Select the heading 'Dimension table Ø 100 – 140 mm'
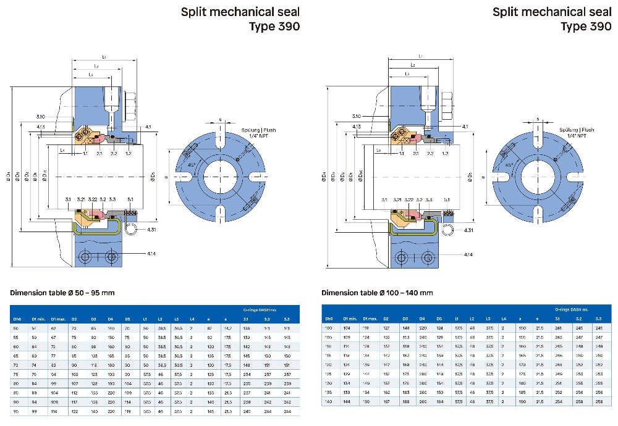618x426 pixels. click(377, 292)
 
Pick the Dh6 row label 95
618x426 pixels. click(17, 411)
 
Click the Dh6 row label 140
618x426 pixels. click(329, 402)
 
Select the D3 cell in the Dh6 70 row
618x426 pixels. click(93, 364)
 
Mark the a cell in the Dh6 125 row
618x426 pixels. click(522, 374)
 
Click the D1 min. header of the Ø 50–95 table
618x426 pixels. click(38, 319)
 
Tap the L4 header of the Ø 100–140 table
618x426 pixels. click(504, 318)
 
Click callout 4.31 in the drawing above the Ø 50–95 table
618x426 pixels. click(152, 230)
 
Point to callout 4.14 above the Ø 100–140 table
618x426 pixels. click(468, 254)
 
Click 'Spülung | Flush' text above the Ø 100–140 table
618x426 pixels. click(576, 130)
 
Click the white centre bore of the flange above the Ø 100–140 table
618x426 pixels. click(535, 168)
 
